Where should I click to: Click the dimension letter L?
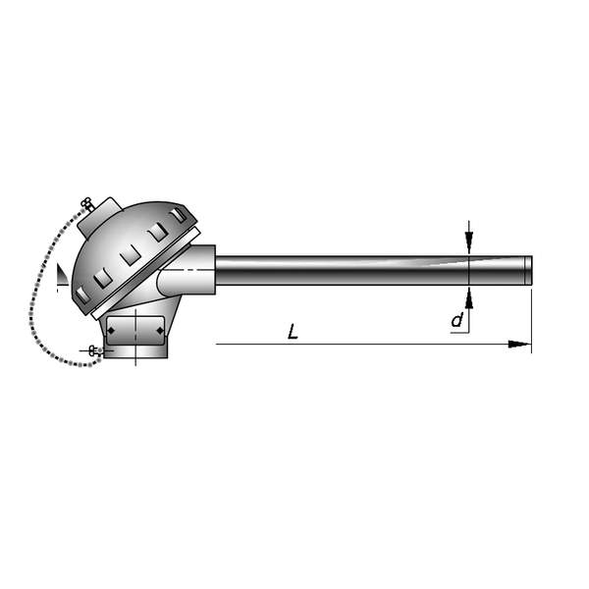point(293,332)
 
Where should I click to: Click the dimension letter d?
point(457,320)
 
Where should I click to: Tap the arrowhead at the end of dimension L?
point(519,345)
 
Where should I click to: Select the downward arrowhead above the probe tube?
point(469,242)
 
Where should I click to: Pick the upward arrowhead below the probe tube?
point(469,298)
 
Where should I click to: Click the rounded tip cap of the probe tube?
point(528,270)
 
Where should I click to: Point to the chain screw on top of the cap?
point(87,204)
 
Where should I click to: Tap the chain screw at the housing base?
point(95,351)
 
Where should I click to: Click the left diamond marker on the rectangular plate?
point(111,331)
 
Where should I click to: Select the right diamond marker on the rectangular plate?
point(160,331)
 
